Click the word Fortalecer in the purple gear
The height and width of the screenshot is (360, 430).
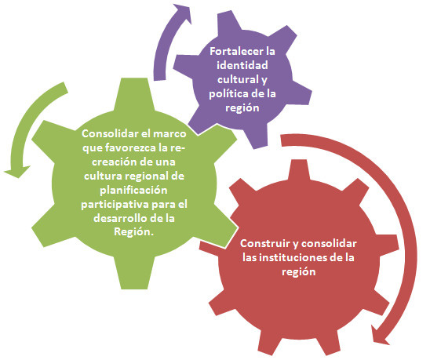coord(235,51)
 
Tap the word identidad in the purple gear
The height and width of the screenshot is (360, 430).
coord(242,65)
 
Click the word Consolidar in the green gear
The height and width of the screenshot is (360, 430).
coord(110,134)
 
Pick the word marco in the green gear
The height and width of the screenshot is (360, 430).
coord(169,134)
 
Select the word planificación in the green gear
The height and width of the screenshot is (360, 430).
coord(133,190)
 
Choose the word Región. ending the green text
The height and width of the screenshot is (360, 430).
coord(133,232)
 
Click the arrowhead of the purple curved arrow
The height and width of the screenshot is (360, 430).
coord(182,13)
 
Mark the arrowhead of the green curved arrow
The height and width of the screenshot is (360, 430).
coord(16,171)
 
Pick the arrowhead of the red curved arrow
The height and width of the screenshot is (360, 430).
coord(380,334)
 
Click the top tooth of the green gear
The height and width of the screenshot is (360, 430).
coord(134,93)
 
